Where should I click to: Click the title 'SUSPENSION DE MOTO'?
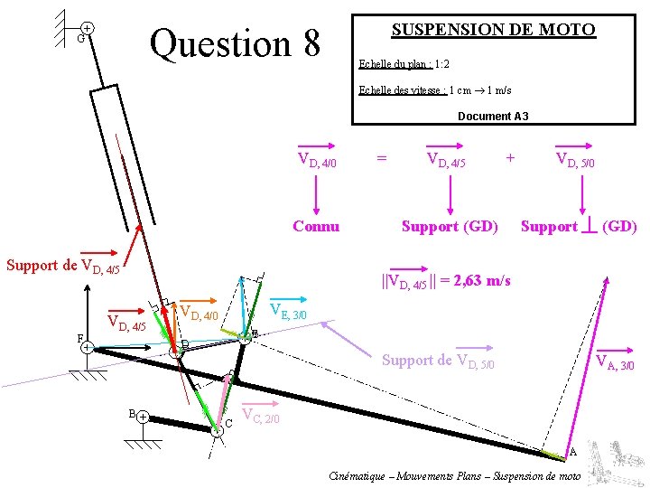[x=493, y=30]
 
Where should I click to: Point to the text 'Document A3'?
[x=493, y=117]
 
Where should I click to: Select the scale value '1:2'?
[x=441, y=65]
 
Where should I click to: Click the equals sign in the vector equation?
[x=382, y=158]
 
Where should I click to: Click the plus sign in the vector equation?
[x=511, y=158]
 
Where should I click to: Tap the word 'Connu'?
[x=316, y=226]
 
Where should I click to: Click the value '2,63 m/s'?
[x=483, y=281]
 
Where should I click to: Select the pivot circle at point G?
[x=88, y=30]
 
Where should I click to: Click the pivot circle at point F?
[x=85, y=347]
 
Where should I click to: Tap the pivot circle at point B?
[x=144, y=418]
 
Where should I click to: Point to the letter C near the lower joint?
[x=228, y=423]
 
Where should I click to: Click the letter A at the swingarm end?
[x=571, y=452]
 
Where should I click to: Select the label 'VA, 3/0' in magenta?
[x=617, y=364]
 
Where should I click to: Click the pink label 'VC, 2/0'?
[x=262, y=417]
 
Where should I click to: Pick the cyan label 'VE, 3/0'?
[x=290, y=312]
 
